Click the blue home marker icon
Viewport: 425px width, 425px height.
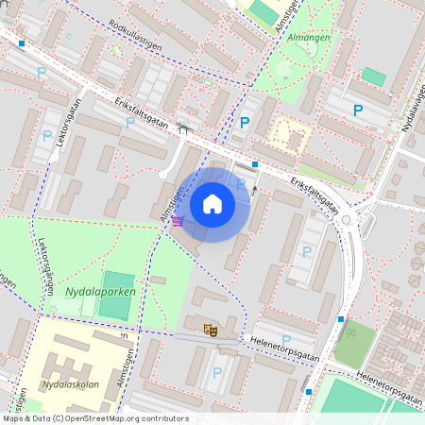(x=212, y=204)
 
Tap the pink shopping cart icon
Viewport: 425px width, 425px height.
(x=177, y=222)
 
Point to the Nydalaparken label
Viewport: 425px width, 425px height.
(x=101, y=292)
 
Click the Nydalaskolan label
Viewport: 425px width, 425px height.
(x=72, y=386)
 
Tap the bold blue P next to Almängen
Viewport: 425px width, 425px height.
(x=245, y=123)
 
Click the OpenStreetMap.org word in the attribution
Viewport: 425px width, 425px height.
(x=120, y=418)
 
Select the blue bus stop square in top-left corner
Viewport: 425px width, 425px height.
(x=21, y=43)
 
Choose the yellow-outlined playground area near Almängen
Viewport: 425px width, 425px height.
(x=291, y=136)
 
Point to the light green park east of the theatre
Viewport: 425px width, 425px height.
(x=354, y=345)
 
